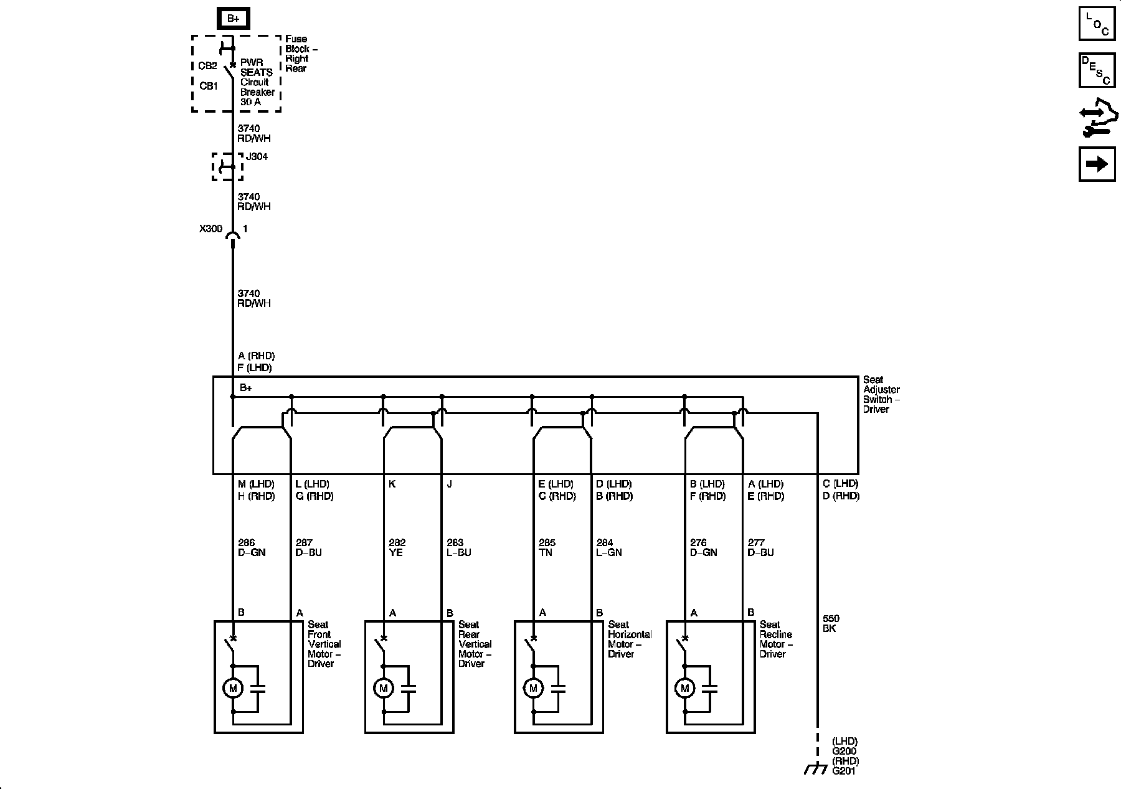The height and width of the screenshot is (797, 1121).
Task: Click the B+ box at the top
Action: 233,19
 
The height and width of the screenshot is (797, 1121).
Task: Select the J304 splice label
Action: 257,157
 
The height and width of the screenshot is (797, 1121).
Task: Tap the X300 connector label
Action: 210,229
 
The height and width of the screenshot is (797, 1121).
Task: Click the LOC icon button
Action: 1097,24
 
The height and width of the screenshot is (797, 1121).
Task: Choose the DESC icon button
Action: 1097,70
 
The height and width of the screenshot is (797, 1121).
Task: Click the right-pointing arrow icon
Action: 1097,164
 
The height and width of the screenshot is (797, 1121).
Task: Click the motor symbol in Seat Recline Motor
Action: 685,688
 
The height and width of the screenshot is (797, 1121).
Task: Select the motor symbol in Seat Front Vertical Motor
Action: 233,688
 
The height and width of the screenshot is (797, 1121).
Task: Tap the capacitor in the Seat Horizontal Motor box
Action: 559,689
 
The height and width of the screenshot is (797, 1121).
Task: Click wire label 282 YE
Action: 397,547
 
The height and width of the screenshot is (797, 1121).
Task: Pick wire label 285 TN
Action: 547,547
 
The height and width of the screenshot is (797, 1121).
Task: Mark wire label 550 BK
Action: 831,623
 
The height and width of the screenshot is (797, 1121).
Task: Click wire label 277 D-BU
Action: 760,547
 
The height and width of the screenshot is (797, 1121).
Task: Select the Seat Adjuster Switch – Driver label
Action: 881,394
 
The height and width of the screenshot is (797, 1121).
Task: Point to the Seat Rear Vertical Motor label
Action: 475,644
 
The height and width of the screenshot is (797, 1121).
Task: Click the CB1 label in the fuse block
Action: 209,86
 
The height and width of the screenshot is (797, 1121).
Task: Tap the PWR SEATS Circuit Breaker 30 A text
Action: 257,82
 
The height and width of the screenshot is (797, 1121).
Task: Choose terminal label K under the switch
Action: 392,484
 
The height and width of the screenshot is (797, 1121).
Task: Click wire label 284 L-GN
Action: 608,547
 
